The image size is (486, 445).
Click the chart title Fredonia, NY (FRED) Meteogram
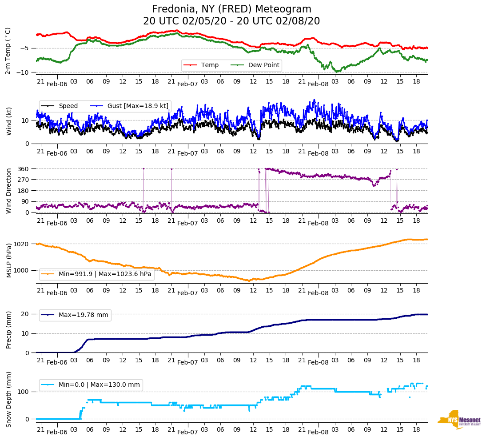(x=231, y=9)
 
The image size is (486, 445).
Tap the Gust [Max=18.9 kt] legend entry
(x=138, y=106)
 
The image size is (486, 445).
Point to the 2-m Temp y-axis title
(x=8, y=51)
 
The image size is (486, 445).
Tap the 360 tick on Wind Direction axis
(x=24, y=169)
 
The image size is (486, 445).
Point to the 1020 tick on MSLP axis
(x=22, y=244)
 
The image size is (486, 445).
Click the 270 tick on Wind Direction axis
(x=24, y=180)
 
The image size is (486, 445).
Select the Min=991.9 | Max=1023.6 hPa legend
(x=105, y=274)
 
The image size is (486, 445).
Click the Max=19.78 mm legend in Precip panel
(x=83, y=315)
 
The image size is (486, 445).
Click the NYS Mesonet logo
(x=459, y=420)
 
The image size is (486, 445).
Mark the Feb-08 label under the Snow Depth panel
(x=318, y=432)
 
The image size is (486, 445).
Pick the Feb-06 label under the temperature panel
(x=57, y=84)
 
